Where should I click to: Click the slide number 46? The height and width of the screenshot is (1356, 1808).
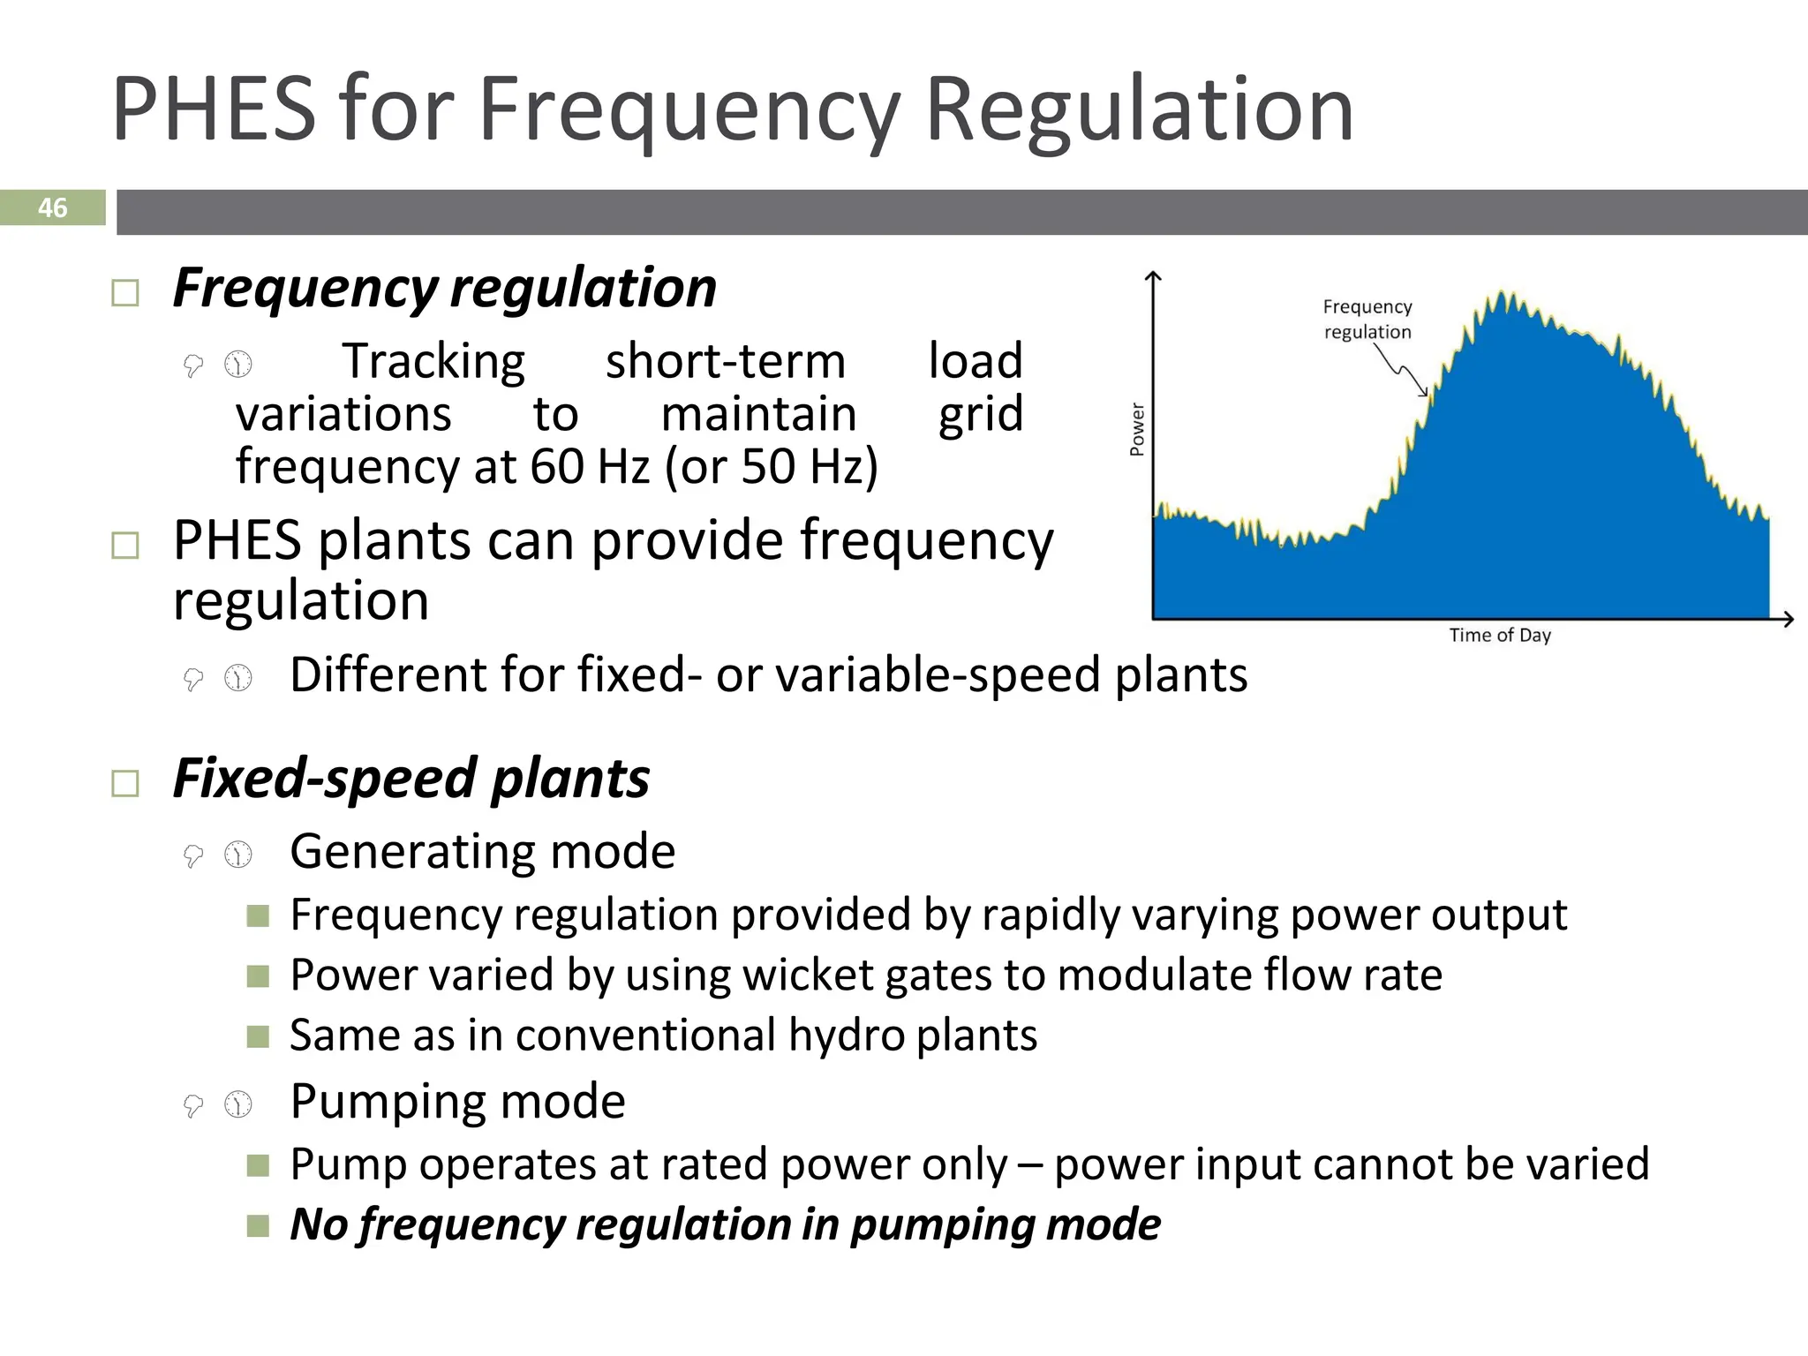(x=52, y=207)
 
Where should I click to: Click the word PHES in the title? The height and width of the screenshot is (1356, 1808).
(x=213, y=109)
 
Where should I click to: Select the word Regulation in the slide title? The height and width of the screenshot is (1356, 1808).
(x=1139, y=109)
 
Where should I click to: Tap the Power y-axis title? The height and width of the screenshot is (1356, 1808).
(x=1137, y=430)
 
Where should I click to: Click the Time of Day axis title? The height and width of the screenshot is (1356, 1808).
(x=1499, y=635)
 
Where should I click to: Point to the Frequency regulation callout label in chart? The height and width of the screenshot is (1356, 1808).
(x=1367, y=319)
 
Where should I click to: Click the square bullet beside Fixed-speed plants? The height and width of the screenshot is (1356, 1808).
(x=125, y=783)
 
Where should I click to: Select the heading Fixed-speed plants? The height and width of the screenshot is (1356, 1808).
(x=411, y=779)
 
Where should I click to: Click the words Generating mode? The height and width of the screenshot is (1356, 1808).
(x=482, y=851)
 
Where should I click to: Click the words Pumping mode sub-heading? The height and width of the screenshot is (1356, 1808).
(x=457, y=1101)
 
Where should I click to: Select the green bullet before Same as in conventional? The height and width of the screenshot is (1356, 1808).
(x=258, y=1036)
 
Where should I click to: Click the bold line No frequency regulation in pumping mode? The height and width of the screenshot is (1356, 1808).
(x=725, y=1224)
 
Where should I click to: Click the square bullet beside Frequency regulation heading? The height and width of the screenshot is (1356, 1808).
(x=125, y=293)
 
